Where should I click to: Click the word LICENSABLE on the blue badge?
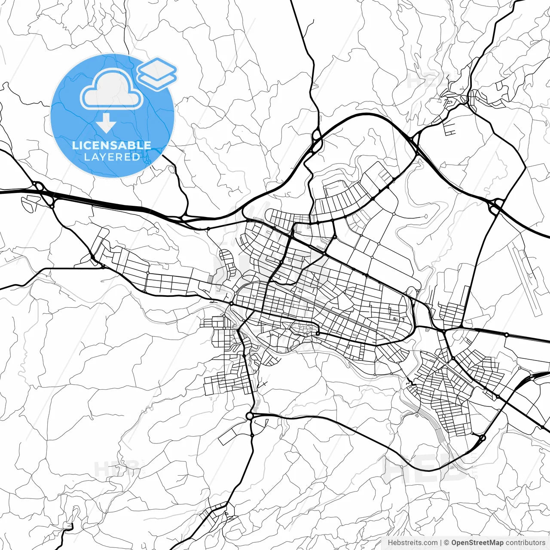(x=112, y=145)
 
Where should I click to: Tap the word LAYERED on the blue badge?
(x=112, y=157)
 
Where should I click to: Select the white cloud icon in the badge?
(x=112, y=90)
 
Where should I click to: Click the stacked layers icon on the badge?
(x=157, y=73)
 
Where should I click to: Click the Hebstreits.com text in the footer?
(x=412, y=543)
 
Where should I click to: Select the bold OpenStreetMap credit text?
(x=477, y=543)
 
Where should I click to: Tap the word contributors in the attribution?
(x=525, y=543)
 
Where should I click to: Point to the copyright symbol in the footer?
(x=447, y=543)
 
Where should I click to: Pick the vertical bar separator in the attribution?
(x=441, y=543)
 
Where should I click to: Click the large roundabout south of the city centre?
(x=250, y=416)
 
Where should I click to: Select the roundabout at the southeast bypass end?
(x=482, y=438)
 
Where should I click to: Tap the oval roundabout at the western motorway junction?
(x=39, y=186)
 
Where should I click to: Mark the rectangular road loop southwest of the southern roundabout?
(x=232, y=435)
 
